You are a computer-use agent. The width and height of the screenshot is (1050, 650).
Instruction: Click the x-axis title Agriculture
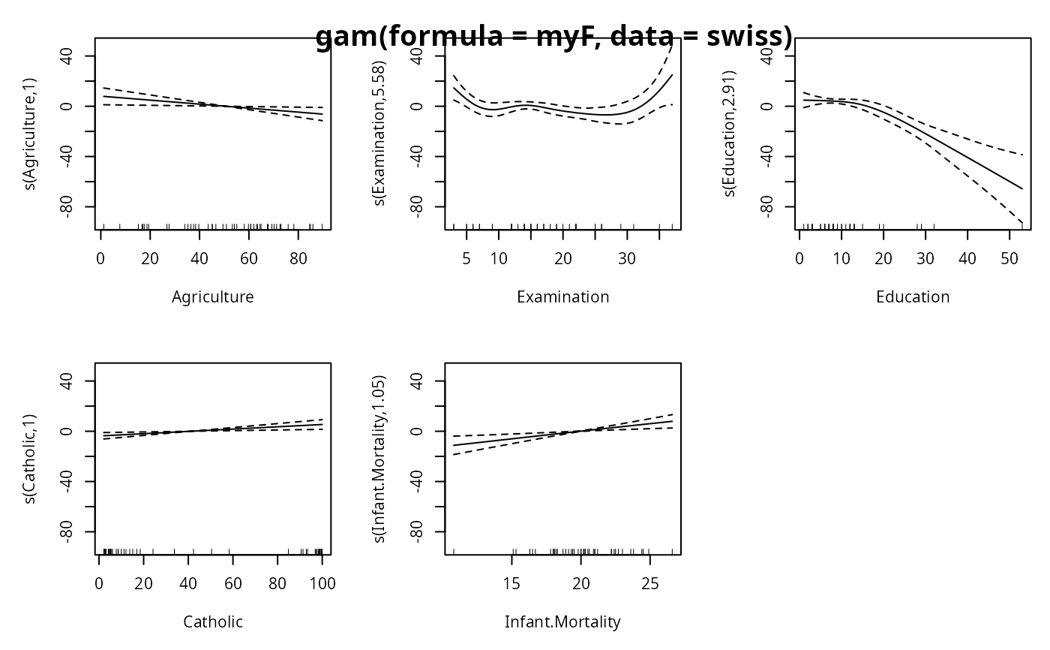pyautogui.click(x=213, y=297)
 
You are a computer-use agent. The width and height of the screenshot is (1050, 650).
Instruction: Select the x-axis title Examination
pyautogui.click(x=563, y=297)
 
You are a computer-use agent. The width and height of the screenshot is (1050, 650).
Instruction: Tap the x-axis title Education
pyautogui.click(x=913, y=297)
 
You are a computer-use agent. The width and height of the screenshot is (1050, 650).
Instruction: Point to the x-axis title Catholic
pyautogui.click(x=213, y=622)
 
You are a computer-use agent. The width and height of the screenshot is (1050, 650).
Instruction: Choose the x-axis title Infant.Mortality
pyautogui.click(x=563, y=622)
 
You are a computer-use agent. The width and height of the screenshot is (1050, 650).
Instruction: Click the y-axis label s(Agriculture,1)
pyautogui.click(x=30, y=133)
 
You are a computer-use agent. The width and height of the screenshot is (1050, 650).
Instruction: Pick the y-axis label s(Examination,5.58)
pyautogui.click(x=380, y=133)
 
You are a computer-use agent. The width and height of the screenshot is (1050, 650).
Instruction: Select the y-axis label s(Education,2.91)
pyautogui.click(x=730, y=133)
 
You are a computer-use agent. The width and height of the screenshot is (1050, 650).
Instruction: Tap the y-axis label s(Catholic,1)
pyautogui.click(x=30, y=458)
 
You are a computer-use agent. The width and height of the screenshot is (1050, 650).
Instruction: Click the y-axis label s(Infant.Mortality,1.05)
pyautogui.click(x=380, y=458)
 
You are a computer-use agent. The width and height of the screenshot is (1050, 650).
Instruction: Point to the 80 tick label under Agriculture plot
pyautogui.click(x=298, y=259)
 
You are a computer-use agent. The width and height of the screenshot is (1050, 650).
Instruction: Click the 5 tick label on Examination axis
pyautogui.click(x=466, y=259)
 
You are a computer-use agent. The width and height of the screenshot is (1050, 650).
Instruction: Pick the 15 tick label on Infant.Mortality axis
pyautogui.click(x=511, y=584)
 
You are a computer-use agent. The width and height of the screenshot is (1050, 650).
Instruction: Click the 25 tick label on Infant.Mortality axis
pyautogui.click(x=649, y=584)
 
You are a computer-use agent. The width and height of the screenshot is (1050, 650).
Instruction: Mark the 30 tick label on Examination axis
pyautogui.click(x=627, y=259)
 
